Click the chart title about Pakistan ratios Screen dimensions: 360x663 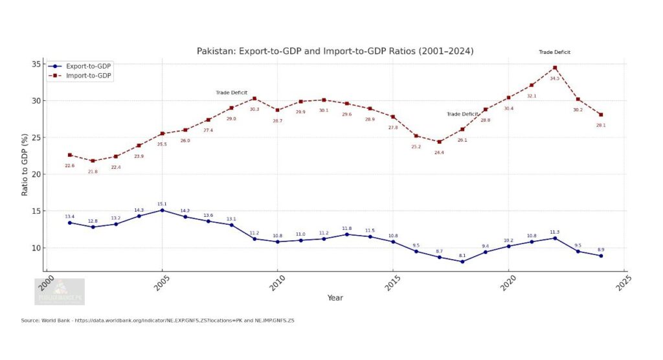click(335, 51)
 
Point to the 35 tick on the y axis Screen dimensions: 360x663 click(36, 64)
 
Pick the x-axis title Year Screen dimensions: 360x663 click(335, 298)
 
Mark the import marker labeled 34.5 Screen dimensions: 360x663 click(555, 68)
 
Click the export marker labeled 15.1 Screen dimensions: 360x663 click(162, 210)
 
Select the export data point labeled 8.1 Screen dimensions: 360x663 click(462, 262)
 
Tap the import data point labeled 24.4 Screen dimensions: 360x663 click(439, 142)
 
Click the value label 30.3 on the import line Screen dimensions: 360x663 click(254, 109)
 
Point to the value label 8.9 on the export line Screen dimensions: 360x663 click(601, 249)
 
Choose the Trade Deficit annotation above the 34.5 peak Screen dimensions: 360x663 click(554, 52)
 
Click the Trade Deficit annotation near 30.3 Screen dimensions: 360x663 click(232, 93)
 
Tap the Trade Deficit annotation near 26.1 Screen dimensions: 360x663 click(462, 114)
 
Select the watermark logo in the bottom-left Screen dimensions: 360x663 click(60, 291)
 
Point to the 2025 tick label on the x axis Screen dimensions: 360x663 click(622, 282)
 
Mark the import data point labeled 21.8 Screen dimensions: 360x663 click(93, 161)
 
